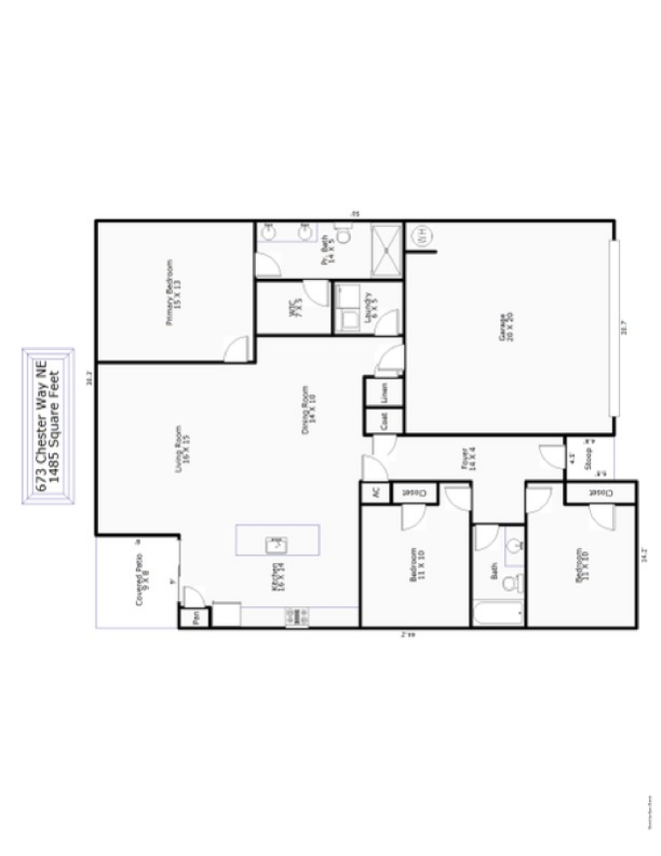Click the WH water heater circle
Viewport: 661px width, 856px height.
pos(422,236)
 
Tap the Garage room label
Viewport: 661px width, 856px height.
pos(504,328)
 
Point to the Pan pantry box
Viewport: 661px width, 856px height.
pos(196,616)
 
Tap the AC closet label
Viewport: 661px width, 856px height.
pos(375,493)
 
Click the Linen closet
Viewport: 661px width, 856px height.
pos(384,392)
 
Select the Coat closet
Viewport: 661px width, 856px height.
pos(384,421)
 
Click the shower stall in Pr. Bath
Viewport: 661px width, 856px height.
pos(386,249)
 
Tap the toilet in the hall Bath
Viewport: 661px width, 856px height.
pos(510,584)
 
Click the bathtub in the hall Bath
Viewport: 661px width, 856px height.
pos(497,613)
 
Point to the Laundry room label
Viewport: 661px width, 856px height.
pos(371,304)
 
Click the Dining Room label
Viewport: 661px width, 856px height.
pos(308,409)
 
